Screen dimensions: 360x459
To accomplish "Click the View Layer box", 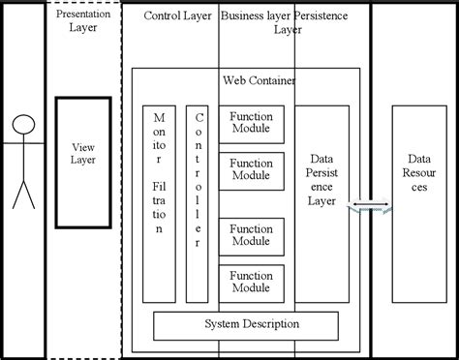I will (82, 161).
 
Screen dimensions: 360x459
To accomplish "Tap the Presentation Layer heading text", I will (82, 20).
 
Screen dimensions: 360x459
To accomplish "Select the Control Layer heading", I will (177, 16).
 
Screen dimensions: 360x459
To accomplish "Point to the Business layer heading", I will (255, 16).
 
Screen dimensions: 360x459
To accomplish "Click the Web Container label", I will (259, 79).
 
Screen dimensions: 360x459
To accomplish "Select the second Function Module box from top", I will (251, 169).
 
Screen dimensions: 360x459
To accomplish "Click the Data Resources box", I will (418, 179).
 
